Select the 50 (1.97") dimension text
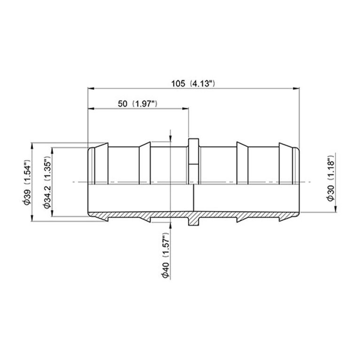[x=137, y=104]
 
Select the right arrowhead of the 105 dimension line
[x=297, y=88]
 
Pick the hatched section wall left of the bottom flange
[x=141, y=215]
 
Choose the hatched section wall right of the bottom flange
[x=244, y=215]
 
